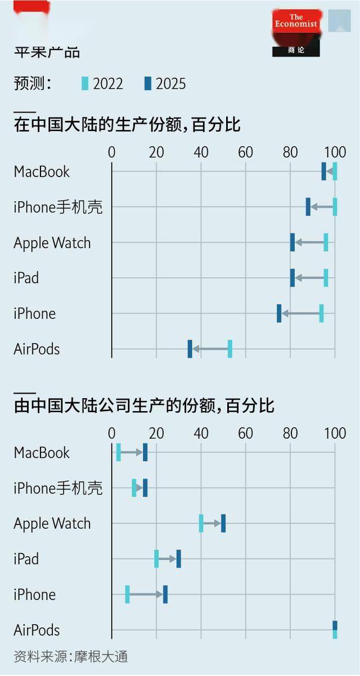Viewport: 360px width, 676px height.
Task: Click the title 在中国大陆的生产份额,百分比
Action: click(x=127, y=124)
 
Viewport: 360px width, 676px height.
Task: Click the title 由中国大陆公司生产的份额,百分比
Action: click(x=144, y=405)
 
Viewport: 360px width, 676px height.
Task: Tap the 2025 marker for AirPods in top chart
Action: click(x=190, y=349)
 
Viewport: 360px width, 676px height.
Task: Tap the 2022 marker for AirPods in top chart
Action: click(x=229, y=349)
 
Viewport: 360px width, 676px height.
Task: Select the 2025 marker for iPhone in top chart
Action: click(x=279, y=313)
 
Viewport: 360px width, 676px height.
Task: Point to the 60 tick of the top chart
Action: click(x=245, y=152)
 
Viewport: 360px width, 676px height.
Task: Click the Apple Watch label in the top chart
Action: click(x=52, y=243)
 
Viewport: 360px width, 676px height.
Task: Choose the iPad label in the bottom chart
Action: click(x=26, y=559)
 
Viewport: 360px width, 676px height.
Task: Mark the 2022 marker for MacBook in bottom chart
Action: click(x=118, y=452)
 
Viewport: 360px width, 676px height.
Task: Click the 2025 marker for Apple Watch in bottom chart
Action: click(x=223, y=523)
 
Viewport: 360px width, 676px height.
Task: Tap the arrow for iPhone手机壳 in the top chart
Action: click(x=321, y=207)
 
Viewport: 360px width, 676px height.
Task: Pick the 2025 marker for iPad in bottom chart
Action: click(x=178, y=559)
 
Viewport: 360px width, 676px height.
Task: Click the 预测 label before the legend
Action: click(x=33, y=84)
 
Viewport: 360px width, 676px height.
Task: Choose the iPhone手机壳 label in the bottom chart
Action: click(x=58, y=488)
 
